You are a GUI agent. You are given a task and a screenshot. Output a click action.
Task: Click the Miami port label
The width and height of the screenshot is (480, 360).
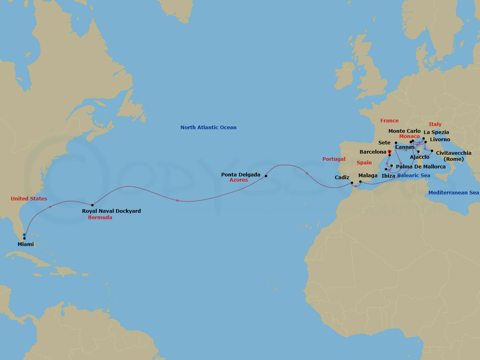[x=26, y=244]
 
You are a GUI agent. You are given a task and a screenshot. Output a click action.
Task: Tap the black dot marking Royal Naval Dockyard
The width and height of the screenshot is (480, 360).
[x=92, y=205]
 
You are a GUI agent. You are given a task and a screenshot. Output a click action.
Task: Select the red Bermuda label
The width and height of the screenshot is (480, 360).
[x=100, y=218]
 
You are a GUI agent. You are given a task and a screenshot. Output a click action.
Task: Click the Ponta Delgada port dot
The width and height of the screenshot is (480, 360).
[x=266, y=176]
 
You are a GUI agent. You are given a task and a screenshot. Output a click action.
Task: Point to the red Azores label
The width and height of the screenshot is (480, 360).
[x=238, y=180]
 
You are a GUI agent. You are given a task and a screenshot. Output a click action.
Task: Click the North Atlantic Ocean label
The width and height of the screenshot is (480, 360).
[x=208, y=128]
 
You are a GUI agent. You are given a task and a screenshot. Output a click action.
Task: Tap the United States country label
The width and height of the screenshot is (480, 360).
[x=29, y=199]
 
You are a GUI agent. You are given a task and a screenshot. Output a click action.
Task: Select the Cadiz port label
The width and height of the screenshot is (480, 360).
[x=342, y=178]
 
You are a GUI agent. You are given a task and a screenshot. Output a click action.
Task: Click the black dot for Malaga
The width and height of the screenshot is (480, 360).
[x=360, y=182]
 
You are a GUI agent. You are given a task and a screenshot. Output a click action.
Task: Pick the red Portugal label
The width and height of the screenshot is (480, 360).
[x=334, y=159]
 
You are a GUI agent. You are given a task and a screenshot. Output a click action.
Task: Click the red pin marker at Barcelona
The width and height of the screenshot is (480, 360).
[x=389, y=152]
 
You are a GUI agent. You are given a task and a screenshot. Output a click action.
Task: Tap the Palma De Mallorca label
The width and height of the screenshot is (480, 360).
[x=420, y=167]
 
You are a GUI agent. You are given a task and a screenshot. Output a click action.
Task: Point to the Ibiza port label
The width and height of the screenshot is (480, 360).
[x=388, y=176]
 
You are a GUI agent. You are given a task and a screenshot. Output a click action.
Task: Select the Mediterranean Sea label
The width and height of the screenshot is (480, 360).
[x=453, y=193]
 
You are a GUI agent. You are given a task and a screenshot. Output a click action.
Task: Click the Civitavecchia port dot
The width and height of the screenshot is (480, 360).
[x=432, y=151]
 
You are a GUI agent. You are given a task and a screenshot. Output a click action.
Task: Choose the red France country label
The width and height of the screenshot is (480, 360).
[x=389, y=121]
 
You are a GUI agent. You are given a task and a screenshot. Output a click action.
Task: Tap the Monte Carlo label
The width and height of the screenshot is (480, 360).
[x=404, y=131]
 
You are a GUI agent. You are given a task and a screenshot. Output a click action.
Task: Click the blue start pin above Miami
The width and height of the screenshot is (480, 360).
[x=24, y=235]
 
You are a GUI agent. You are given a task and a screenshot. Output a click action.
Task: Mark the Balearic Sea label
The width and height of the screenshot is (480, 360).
[x=414, y=176]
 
